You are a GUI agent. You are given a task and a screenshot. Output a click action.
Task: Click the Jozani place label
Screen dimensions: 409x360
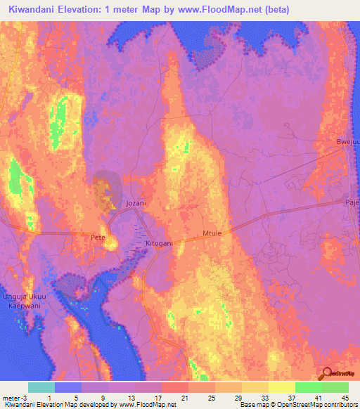pyautogui.click(x=135, y=203)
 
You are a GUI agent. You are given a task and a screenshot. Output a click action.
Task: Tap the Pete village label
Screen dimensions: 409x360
pyautogui.click(x=98, y=238)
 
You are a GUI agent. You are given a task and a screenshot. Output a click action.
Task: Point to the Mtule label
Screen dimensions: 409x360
pyautogui.click(x=212, y=231)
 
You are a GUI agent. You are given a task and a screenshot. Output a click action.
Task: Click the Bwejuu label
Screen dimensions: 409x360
pyautogui.click(x=347, y=142)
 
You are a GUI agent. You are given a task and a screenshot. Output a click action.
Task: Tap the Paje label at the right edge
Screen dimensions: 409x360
pyautogui.click(x=351, y=201)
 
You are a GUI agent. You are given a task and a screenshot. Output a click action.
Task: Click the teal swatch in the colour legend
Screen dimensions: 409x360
pyautogui.click(x=41, y=387)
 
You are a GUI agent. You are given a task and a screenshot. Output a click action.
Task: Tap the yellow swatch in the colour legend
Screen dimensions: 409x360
pyautogui.click(x=281, y=387)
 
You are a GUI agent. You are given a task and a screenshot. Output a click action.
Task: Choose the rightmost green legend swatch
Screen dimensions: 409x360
pyautogui.click(x=335, y=387)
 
